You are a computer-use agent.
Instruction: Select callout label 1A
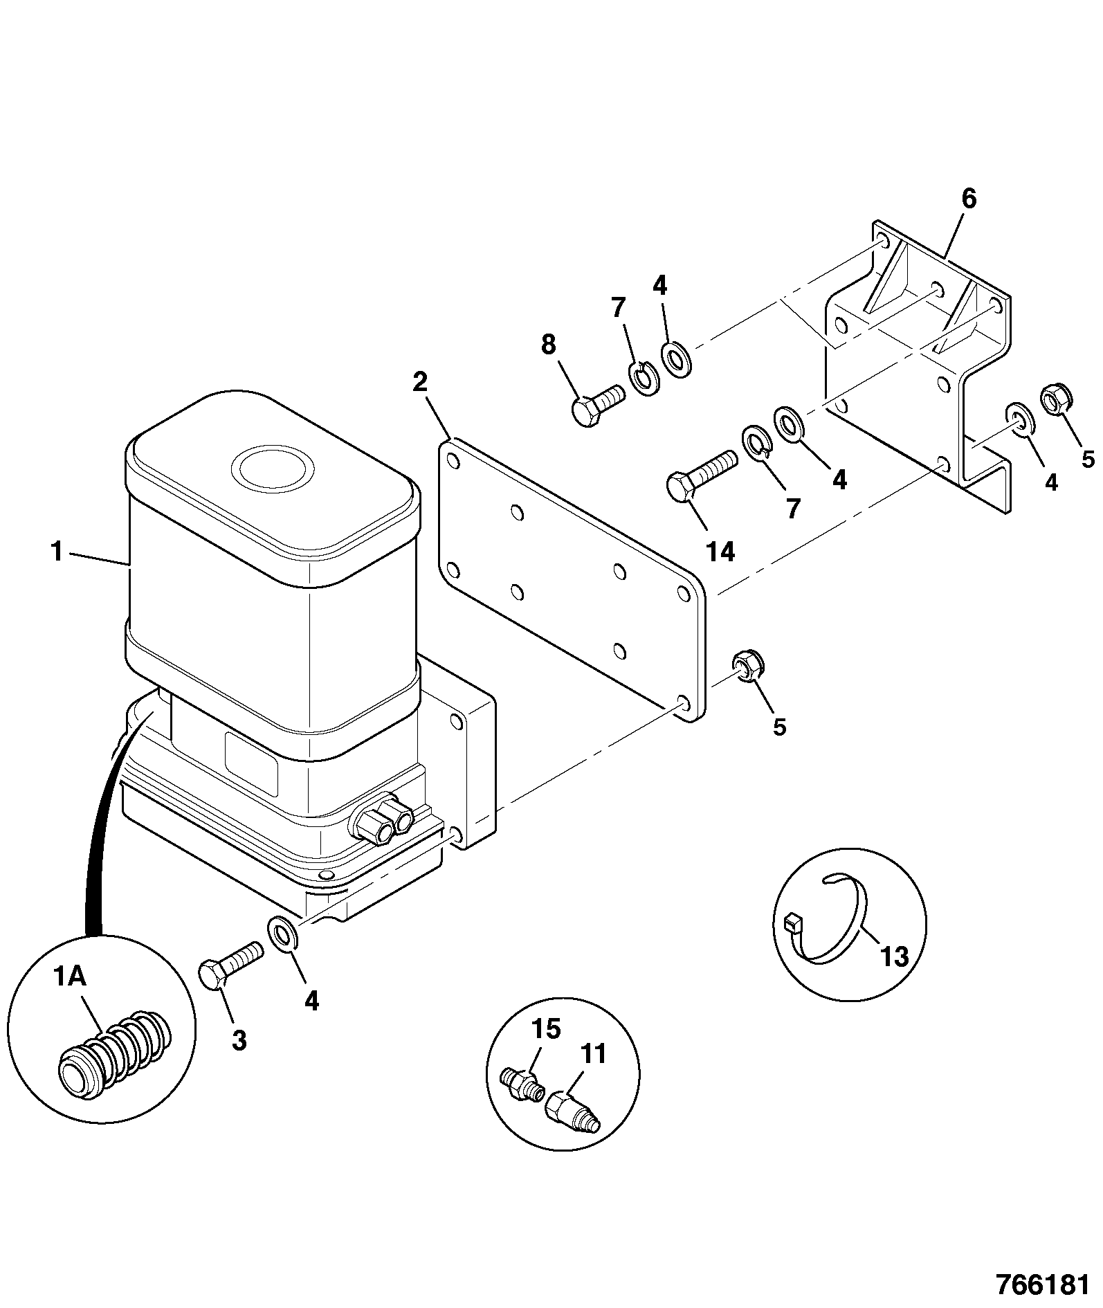pos(69,977)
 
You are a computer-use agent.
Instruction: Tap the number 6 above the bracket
pos(969,199)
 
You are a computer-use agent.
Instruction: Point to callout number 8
pos(548,344)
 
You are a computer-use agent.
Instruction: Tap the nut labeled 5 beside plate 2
pos(747,666)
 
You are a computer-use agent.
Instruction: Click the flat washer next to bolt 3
pos(282,934)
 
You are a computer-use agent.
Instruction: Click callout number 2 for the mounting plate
pos(420,382)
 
